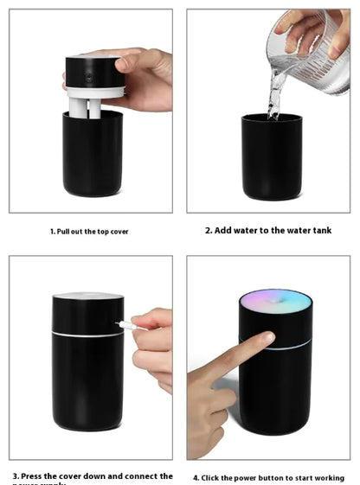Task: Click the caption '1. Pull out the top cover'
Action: tap(89, 232)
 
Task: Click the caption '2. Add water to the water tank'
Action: tap(268, 231)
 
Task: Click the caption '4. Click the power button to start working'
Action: tap(268, 477)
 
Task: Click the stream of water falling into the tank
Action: tap(275, 91)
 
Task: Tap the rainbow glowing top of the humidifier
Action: tap(275, 300)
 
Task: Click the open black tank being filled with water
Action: tap(271, 160)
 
